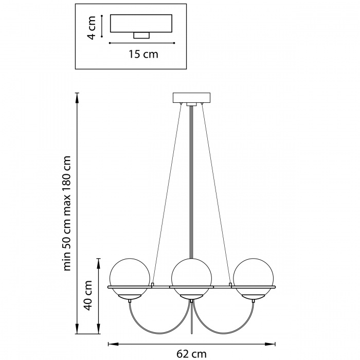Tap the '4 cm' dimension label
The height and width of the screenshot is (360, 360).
coord(91,28)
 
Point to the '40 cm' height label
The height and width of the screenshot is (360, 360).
coord(88,296)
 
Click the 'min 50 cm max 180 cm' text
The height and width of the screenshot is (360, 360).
coord(67,213)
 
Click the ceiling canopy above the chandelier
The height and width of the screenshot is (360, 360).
coord(192,97)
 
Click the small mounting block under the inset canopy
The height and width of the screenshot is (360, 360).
coord(141,35)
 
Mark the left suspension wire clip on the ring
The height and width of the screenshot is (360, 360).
coord(153,284)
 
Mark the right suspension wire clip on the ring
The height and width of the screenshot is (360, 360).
coord(230,284)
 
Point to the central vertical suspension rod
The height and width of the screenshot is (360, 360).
coord(191,180)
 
